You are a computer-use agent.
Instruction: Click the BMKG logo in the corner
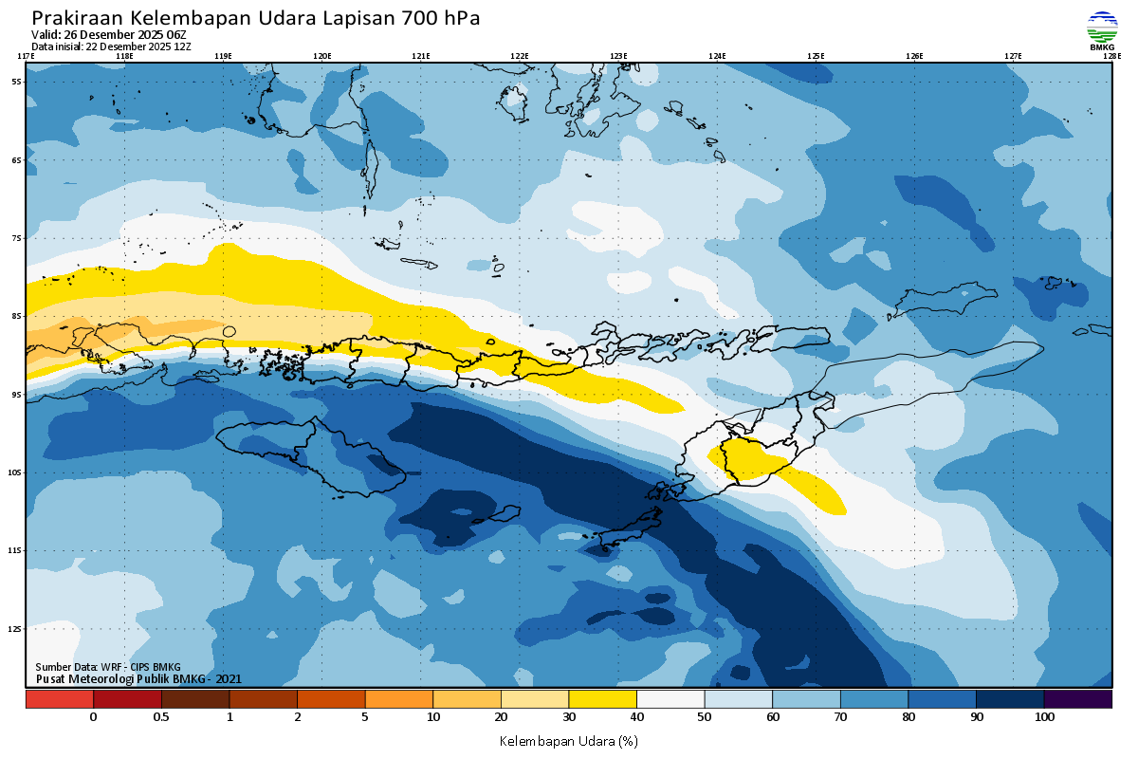(x=1101, y=29)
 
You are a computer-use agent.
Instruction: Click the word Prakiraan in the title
(x=77, y=18)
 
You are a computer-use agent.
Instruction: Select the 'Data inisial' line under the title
(x=111, y=46)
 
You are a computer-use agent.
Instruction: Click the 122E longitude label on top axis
(x=519, y=56)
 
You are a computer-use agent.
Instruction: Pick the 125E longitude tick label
(x=816, y=56)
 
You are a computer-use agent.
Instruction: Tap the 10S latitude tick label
(x=16, y=472)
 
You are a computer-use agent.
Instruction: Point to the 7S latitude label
(x=16, y=238)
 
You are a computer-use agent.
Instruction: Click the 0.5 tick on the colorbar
(x=161, y=717)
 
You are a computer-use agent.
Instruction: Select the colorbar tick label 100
(x=1044, y=717)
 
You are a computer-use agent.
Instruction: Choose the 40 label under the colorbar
(x=636, y=717)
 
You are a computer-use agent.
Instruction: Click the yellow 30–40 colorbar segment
(x=602, y=699)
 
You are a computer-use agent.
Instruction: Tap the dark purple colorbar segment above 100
(x=1077, y=699)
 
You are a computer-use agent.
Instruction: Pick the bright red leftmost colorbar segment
(x=59, y=699)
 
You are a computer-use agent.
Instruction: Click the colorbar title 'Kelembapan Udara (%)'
(x=568, y=740)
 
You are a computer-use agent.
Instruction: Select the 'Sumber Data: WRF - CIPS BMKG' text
(x=107, y=667)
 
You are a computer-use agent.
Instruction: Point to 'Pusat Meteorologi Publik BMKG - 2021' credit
(x=138, y=678)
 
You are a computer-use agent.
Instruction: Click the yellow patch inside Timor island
(x=749, y=461)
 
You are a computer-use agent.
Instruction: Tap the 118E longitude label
(x=123, y=56)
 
